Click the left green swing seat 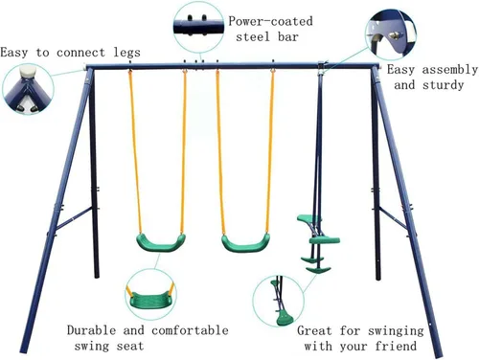tap(161, 244)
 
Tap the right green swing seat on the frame tap(245, 244)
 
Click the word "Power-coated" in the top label tap(270, 21)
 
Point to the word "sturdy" tap(444, 85)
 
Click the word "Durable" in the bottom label tap(91, 330)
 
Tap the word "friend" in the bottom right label tap(396, 346)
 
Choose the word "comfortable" tap(190, 330)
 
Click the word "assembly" tap(450, 70)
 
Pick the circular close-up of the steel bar tap(198, 27)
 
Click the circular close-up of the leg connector tap(28, 89)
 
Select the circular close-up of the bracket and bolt tap(391, 34)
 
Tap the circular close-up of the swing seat tap(151, 294)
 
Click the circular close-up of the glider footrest tap(279, 302)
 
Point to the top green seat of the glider tap(309, 219)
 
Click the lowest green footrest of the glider tap(318, 270)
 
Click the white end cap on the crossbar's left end tap(84, 67)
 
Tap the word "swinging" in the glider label tap(396, 330)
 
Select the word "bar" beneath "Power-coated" tap(288, 36)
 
